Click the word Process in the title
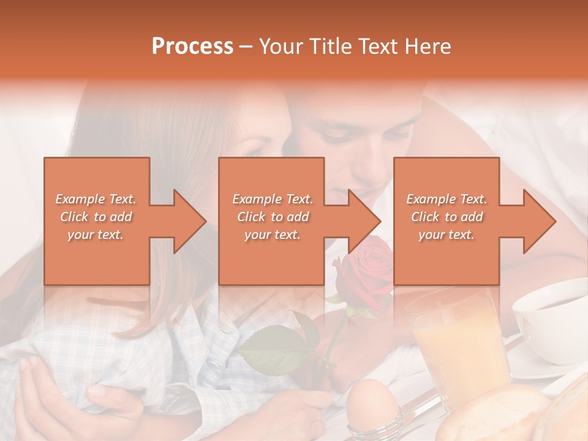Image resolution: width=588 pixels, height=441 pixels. coord(192,47)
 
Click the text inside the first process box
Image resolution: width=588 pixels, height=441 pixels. coord(96,217)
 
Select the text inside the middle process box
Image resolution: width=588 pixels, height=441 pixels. coord(273,217)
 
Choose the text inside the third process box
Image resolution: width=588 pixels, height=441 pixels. coord(447,217)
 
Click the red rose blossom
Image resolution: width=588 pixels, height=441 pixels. coord(366,269)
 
